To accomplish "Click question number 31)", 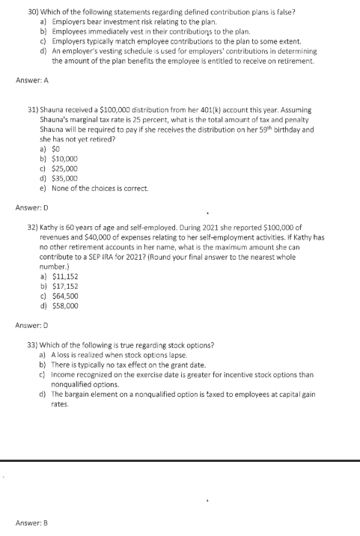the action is [32, 110].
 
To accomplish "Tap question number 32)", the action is [32, 225].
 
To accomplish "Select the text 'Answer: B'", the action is [28, 522].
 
